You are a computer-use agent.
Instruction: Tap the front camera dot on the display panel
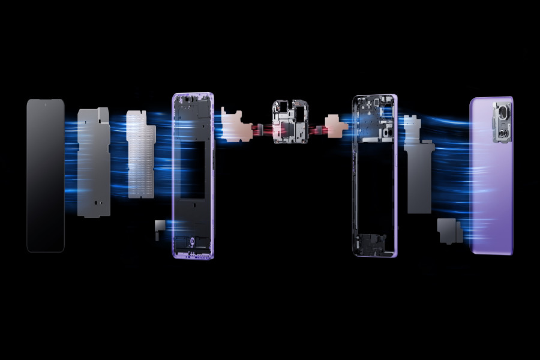point(45,104)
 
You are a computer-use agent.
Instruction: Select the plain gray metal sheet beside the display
point(94,162)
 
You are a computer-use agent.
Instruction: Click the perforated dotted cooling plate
point(141,156)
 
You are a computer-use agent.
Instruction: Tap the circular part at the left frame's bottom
point(191,242)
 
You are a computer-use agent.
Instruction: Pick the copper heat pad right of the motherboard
point(337,125)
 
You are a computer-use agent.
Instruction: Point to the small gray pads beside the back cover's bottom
point(450,230)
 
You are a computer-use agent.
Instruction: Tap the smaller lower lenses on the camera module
point(502,133)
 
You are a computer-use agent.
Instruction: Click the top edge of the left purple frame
point(193,94)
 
